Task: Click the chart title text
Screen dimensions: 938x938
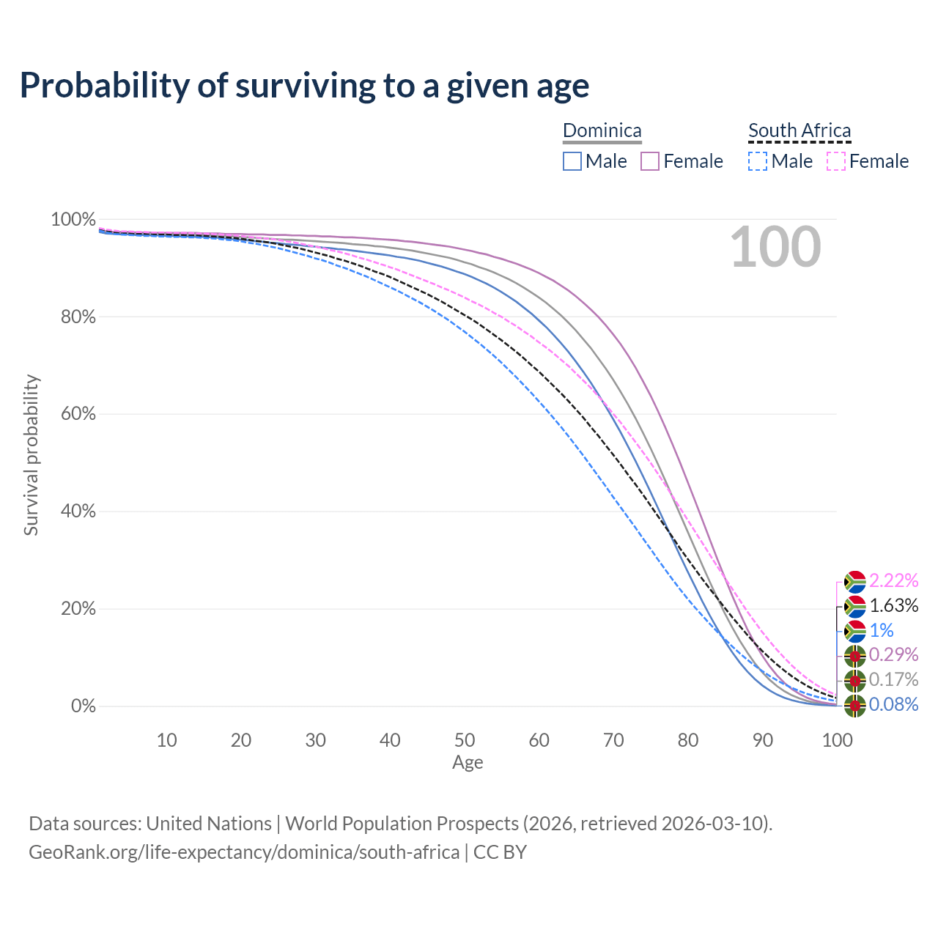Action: (x=304, y=86)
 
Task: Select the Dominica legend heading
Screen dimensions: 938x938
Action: (x=602, y=130)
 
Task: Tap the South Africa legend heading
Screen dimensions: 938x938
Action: (x=799, y=130)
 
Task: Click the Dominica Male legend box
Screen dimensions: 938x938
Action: (x=572, y=161)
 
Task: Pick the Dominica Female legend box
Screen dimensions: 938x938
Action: (x=651, y=161)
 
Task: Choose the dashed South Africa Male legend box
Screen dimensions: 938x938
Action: (x=758, y=161)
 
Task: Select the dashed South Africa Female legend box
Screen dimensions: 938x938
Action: (x=836, y=161)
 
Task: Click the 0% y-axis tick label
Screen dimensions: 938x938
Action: (x=83, y=706)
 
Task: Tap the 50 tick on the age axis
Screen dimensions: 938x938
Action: (x=465, y=740)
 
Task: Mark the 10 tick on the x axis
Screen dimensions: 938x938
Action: (x=166, y=740)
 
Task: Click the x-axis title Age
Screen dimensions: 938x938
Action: (x=468, y=763)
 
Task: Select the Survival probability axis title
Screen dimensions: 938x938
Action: (x=31, y=455)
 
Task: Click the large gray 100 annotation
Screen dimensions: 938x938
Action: (x=775, y=247)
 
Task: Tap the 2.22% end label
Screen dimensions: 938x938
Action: (x=893, y=581)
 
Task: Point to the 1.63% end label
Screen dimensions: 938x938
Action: (x=893, y=606)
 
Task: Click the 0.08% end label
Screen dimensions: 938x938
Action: (x=893, y=705)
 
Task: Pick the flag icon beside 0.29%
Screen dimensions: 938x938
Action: (x=854, y=656)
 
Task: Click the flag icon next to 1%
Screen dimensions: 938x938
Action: (x=854, y=631)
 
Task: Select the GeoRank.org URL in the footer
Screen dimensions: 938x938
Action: (x=244, y=852)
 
